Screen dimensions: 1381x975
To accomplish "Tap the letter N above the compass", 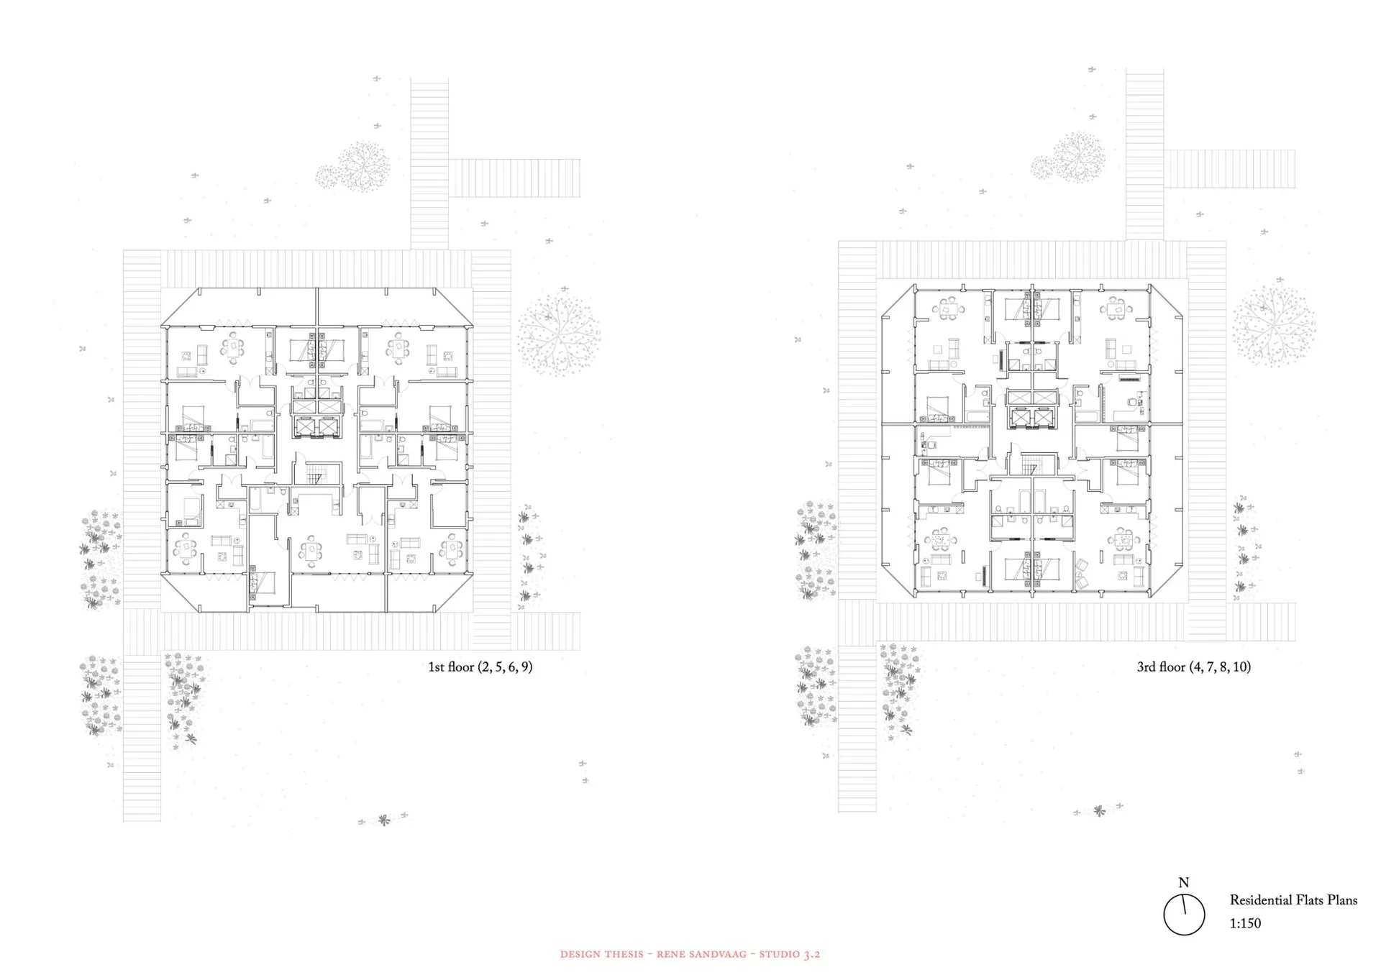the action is click(1184, 882).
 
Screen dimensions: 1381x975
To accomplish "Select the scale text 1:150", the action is click(1245, 923).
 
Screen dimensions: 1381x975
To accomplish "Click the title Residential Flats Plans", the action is click(1293, 900).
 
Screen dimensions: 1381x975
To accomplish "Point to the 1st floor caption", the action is click(480, 667).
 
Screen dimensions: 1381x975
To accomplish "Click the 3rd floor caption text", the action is click(1193, 667).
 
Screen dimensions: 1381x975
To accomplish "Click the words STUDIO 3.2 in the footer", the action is click(790, 955).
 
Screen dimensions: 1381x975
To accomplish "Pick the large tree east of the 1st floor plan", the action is click(559, 334).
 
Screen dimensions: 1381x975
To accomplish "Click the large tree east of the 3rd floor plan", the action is click(1273, 326).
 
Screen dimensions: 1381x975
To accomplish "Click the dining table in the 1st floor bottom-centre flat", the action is click(311, 551).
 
